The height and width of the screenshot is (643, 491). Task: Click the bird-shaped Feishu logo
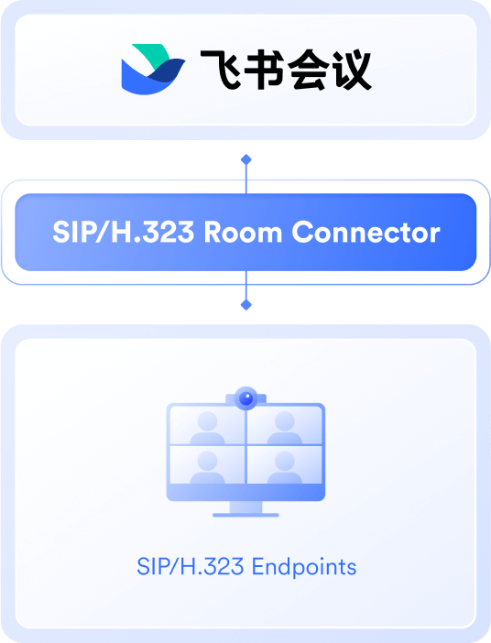pos(153,70)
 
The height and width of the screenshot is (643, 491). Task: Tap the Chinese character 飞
pos(220,69)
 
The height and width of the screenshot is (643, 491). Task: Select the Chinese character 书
pos(264,69)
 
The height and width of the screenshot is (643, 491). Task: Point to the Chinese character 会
pos(308,69)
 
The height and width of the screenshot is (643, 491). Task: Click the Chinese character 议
pos(352,69)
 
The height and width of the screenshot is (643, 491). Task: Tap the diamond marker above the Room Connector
pos(246,159)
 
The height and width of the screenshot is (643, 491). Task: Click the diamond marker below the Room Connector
pos(246,305)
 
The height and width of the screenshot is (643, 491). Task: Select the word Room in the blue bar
pos(244,232)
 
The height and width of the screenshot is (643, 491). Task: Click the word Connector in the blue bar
pos(366,232)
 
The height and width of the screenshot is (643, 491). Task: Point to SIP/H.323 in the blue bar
pos(124,232)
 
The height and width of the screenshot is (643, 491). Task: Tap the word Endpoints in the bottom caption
pos(304,567)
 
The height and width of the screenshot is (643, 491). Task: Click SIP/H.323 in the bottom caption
pos(191,567)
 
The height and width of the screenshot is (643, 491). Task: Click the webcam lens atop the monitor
pos(246,398)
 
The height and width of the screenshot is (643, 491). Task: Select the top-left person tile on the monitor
pos(207,425)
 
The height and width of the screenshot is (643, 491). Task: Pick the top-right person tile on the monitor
pos(285,425)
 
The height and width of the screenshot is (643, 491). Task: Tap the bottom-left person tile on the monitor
pos(207,464)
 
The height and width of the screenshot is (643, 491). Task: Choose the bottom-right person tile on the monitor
pos(285,464)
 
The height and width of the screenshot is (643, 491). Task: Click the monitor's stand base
pos(245,515)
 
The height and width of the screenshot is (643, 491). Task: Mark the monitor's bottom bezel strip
pos(245,492)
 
